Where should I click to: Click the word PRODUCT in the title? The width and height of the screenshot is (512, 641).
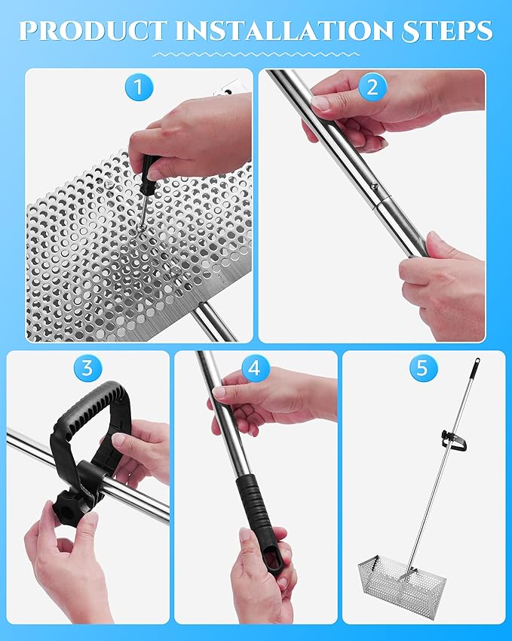click(93, 30)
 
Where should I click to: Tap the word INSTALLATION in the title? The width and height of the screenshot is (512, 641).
click(284, 30)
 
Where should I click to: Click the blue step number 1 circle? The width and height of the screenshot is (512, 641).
click(139, 88)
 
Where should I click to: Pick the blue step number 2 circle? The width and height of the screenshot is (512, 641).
click(373, 88)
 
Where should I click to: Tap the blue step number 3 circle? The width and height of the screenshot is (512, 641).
click(87, 368)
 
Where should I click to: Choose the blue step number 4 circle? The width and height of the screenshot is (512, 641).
click(254, 368)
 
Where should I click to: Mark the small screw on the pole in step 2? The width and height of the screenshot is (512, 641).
click(373, 186)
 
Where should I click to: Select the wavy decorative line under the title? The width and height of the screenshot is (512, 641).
click(256, 54)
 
